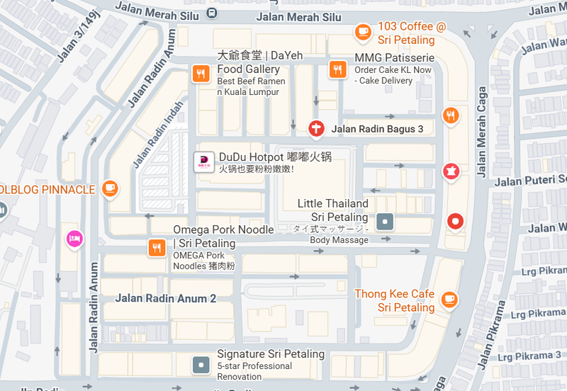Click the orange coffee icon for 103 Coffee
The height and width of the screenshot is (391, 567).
(362, 32)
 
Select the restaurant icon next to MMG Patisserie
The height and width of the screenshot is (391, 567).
(337, 69)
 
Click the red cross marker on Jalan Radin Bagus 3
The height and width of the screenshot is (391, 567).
(316, 128)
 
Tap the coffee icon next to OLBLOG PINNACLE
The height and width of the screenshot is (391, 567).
(110, 188)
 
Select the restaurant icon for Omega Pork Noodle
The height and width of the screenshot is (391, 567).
(157, 247)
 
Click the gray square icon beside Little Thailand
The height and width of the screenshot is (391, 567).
(384, 222)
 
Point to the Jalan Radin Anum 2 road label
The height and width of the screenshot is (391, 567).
(166, 298)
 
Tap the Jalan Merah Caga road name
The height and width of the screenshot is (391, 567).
(483, 123)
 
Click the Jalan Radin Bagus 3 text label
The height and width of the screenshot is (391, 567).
(377, 129)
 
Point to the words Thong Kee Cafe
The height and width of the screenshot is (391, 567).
(394, 294)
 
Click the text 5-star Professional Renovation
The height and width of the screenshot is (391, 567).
(254, 371)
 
